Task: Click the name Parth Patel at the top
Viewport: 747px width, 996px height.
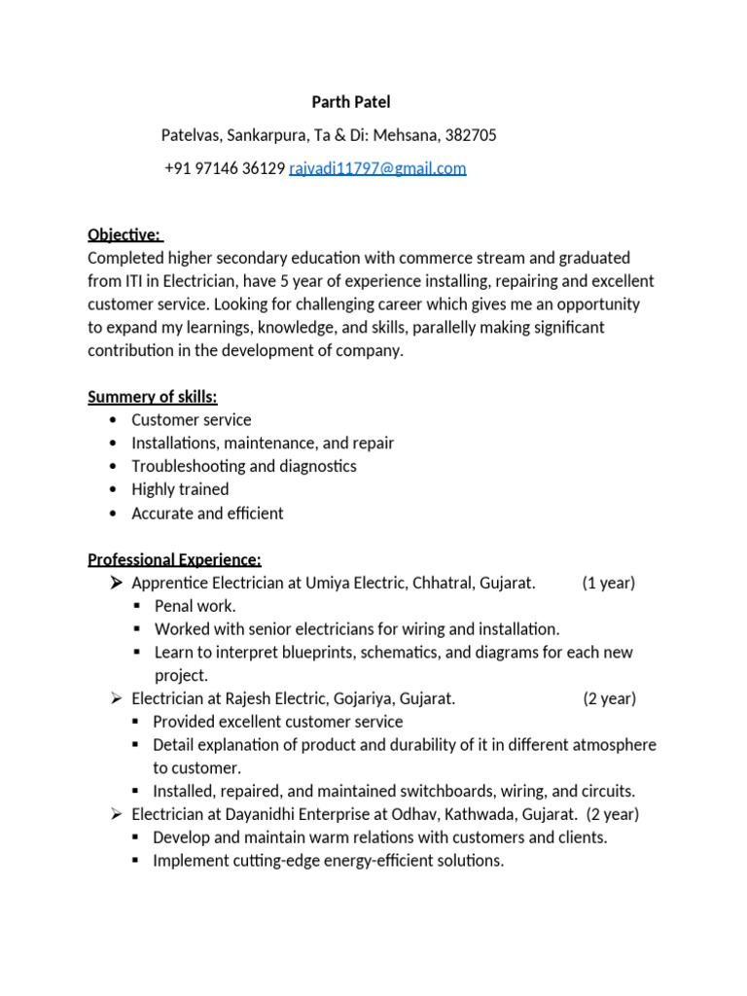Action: (351, 102)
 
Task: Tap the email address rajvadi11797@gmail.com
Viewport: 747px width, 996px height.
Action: (377, 168)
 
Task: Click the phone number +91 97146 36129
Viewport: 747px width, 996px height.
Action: (225, 168)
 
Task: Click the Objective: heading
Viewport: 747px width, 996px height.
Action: (124, 234)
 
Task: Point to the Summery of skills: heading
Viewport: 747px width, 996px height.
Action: (153, 396)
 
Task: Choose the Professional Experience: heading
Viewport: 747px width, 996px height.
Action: (174, 559)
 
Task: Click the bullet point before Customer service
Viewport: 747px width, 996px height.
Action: (114, 420)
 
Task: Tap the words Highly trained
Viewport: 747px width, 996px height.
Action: (180, 489)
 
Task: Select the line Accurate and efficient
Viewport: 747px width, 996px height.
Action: (207, 513)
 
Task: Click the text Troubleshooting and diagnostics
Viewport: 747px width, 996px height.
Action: (244, 466)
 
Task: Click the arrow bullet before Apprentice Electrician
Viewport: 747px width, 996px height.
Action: (115, 583)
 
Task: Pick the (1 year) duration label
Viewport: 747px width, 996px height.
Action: (609, 583)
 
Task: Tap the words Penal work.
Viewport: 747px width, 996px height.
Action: (196, 606)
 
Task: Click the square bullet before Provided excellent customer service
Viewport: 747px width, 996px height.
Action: (137, 722)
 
